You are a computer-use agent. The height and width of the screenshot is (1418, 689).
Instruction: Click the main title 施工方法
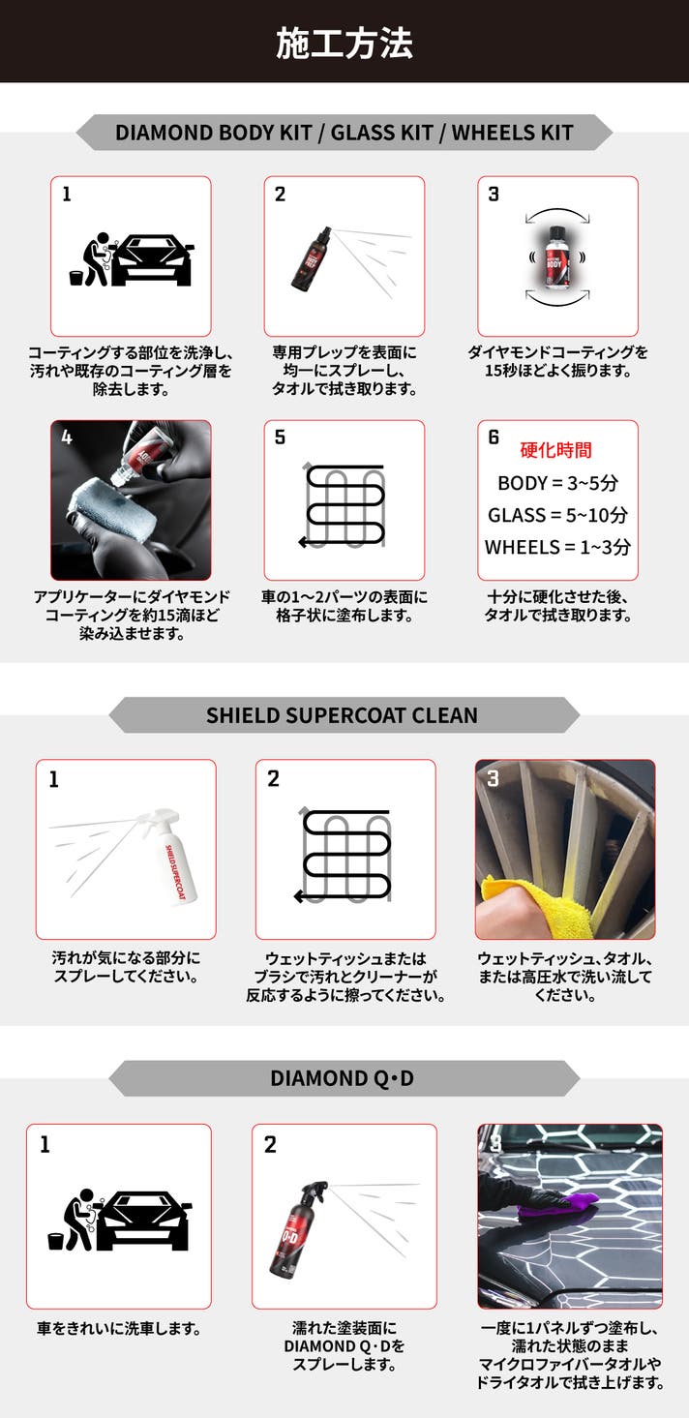(x=344, y=43)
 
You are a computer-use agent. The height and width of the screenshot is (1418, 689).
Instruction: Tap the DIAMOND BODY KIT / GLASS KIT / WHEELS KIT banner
(x=344, y=133)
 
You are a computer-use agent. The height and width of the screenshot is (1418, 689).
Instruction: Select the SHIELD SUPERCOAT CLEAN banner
(x=344, y=715)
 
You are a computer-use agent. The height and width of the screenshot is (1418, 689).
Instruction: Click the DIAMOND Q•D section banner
(x=344, y=1078)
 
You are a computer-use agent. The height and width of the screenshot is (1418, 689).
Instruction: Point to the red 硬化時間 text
(x=556, y=450)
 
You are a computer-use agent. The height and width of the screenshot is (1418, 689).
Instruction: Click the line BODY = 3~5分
(x=557, y=483)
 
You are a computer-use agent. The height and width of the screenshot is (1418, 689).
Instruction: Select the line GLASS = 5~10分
(x=557, y=515)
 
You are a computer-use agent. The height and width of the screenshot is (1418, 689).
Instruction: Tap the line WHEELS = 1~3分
(x=557, y=547)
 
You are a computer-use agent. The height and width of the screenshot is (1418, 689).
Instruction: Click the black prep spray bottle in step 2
(x=312, y=258)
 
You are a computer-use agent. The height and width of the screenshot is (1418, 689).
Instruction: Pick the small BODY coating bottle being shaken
(x=557, y=256)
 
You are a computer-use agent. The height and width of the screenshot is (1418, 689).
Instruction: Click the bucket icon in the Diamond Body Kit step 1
(x=76, y=278)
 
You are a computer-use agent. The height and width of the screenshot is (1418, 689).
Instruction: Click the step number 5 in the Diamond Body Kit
(x=280, y=437)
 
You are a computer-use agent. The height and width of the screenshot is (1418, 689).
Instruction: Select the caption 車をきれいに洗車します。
(x=119, y=1328)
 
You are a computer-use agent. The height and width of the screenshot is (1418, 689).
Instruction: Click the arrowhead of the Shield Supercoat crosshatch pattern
(x=299, y=896)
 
